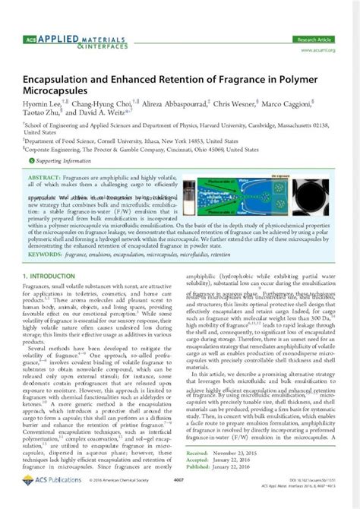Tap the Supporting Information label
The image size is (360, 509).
click(64, 161)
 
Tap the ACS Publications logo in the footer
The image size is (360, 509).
click(48, 501)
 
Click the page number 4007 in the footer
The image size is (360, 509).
click(179, 501)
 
